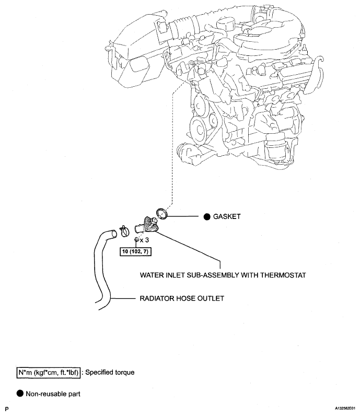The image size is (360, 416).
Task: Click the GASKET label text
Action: pos(227,216)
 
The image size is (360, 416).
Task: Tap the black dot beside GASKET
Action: pos(207,217)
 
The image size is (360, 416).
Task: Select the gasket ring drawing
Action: pos(161,214)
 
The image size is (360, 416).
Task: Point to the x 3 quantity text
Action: pos(144,240)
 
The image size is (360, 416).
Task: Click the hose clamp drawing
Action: pos(124,231)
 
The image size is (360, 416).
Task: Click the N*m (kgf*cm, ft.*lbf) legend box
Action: pos(48,373)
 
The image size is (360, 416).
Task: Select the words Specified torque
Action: pos(110,373)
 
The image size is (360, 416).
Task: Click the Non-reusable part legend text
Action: pos(53,394)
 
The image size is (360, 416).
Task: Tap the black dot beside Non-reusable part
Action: pos(20,394)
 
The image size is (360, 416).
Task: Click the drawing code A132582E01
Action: pos(345,409)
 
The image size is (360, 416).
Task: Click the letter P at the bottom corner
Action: pos(7,409)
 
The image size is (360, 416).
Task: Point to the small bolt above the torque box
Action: pos(137,239)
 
